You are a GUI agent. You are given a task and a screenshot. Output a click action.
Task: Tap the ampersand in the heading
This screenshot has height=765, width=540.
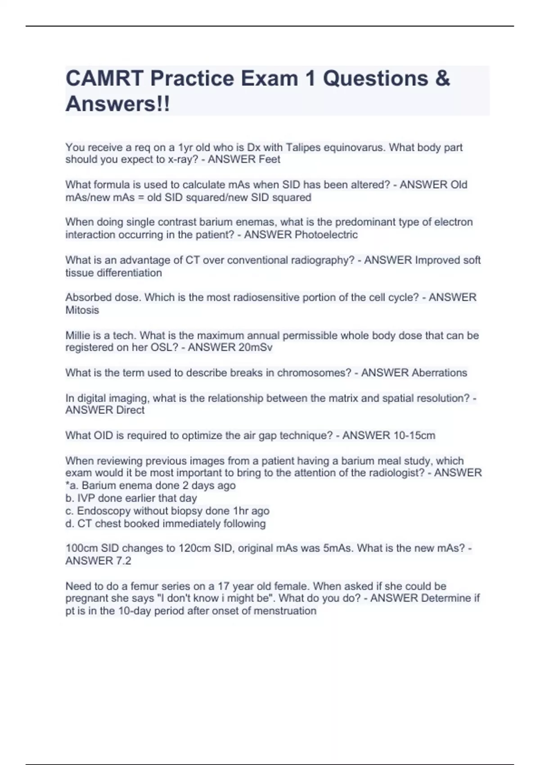click(x=442, y=79)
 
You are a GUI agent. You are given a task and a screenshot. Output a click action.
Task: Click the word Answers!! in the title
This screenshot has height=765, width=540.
click(x=118, y=104)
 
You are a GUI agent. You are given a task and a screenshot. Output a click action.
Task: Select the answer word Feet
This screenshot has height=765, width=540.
click(x=269, y=159)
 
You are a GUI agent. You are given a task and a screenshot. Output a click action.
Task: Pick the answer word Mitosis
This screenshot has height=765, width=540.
click(x=82, y=310)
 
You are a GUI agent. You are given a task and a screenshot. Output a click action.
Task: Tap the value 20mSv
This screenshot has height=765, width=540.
click(x=256, y=347)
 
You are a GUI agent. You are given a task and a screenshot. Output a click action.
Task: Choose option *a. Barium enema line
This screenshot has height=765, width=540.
click(x=150, y=486)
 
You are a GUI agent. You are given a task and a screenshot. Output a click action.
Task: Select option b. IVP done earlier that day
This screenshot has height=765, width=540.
click(x=131, y=498)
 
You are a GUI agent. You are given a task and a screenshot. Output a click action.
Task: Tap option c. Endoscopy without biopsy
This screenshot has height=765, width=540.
click(x=167, y=511)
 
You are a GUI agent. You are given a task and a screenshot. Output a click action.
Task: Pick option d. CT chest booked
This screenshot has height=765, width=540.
click(x=165, y=523)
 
